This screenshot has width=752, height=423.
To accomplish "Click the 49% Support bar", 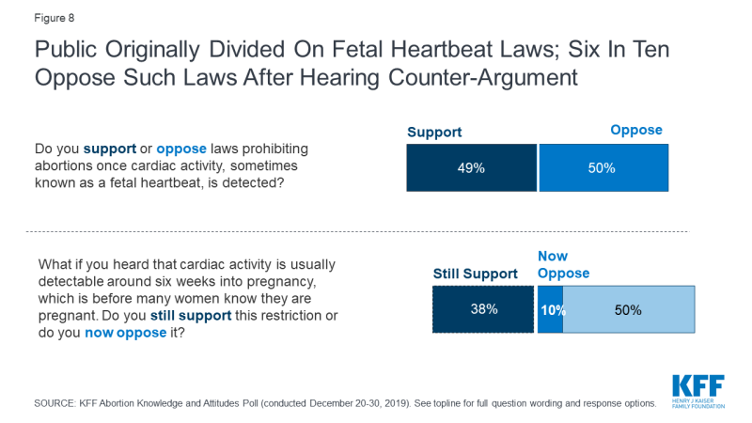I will [x=471, y=168].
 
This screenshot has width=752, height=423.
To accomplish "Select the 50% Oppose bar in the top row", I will [x=603, y=168].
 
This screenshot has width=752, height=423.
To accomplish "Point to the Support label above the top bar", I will [x=434, y=133].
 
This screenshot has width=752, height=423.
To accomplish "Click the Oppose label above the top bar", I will [x=636, y=131].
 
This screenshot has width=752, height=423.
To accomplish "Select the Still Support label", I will [x=475, y=274].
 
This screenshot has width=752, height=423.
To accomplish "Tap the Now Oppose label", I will [x=563, y=264].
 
